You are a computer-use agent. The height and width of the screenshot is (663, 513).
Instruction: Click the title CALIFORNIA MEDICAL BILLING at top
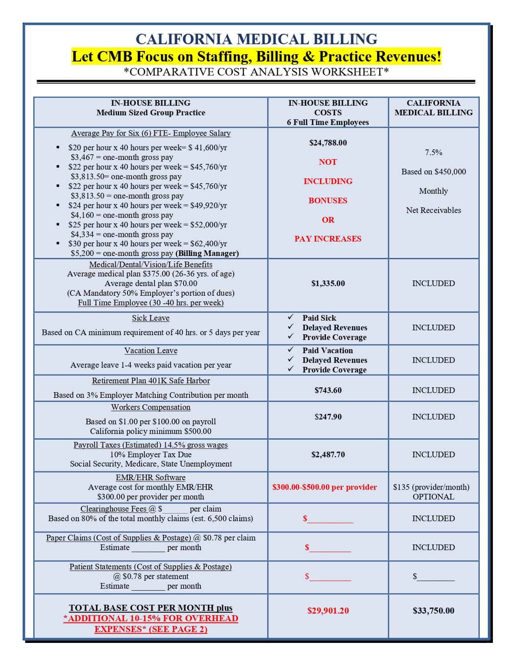(256, 39)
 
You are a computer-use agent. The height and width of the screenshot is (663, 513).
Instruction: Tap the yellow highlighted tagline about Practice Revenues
(256, 56)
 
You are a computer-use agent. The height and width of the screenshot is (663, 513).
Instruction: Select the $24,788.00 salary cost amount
(328, 143)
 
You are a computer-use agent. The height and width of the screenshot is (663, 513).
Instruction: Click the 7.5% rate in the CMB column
(433, 152)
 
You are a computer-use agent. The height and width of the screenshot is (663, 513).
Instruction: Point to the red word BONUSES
(328, 201)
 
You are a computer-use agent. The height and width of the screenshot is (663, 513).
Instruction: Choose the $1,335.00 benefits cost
(328, 283)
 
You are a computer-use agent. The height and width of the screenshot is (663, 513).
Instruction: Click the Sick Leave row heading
(150, 318)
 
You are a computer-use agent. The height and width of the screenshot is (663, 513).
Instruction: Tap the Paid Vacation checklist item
(328, 350)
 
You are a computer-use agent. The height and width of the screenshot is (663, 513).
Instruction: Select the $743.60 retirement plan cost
(328, 390)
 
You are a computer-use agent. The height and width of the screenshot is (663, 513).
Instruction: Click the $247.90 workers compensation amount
(328, 417)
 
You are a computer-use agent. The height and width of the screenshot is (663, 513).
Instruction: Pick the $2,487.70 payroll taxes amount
(328, 454)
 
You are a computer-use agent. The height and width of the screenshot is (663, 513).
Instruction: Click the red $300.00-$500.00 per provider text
(325, 487)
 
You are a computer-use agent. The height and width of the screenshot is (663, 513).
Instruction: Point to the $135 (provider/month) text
(431, 487)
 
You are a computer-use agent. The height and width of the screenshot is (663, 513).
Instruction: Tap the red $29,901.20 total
(328, 611)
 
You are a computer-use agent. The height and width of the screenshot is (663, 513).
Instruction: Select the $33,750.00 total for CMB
(433, 611)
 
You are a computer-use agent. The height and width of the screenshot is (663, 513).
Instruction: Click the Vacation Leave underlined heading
(150, 350)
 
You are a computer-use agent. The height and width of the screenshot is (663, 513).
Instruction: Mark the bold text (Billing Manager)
(207, 253)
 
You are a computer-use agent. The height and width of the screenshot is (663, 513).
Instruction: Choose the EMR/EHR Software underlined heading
(150, 477)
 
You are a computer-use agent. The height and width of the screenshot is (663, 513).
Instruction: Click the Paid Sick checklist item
(319, 318)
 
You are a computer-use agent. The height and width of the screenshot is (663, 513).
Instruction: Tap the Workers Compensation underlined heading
(150, 407)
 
